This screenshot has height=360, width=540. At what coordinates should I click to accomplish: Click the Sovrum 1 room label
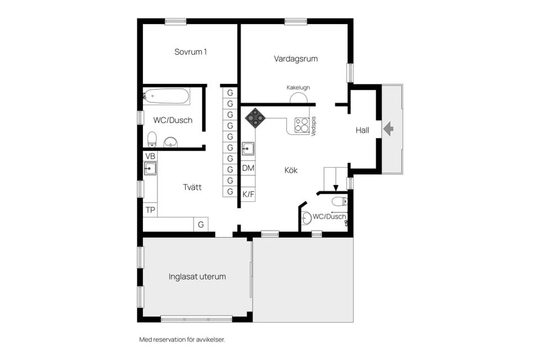(x=191, y=52)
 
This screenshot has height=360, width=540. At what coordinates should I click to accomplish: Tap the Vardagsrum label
(x=296, y=58)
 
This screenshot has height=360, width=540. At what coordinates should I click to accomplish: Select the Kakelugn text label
(x=298, y=88)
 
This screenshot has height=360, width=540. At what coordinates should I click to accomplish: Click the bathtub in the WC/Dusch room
(x=166, y=96)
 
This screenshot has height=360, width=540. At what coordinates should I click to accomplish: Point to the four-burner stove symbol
(x=301, y=125)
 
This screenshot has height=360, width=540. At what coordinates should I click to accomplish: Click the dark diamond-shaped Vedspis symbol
(x=255, y=118)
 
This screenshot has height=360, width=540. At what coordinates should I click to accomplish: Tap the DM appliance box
(x=248, y=168)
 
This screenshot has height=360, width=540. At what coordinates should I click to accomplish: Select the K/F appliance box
(x=248, y=194)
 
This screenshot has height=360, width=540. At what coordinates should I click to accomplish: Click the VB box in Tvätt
(x=150, y=156)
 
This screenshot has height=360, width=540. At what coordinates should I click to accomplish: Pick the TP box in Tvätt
(x=150, y=210)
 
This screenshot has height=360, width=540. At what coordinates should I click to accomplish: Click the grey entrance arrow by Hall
(x=389, y=129)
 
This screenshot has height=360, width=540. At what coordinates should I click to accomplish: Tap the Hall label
(x=362, y=130)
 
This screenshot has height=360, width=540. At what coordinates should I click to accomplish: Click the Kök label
(x=291, y=170)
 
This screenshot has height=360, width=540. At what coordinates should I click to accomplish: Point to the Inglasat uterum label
(x=197, y=277)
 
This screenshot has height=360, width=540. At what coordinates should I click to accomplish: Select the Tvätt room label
(x=192, y=187)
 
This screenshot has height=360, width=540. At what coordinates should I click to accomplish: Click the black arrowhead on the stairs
(x=336, y=188)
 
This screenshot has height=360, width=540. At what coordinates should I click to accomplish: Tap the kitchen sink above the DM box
(x=248, y=148)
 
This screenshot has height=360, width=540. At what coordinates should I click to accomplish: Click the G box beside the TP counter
(x=201, y=224)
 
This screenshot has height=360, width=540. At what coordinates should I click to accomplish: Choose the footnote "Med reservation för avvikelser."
(x=182, y=340)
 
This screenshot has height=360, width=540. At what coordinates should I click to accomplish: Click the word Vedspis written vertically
(x=313, y=126)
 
